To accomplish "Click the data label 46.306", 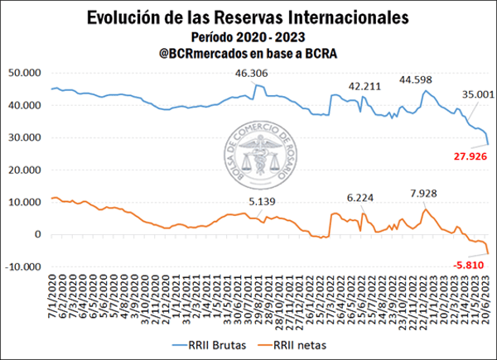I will pyautogui.click(x=252, y=74).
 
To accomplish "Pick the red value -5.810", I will pyautogui.click(x=468, y=265).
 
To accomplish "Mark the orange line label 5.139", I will pyautogui.click(x=264, y=201).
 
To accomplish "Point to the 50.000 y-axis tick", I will pyautogui.click(x=27, y=73).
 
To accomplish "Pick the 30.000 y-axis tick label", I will pyautogui.click(x=27, y=137).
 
